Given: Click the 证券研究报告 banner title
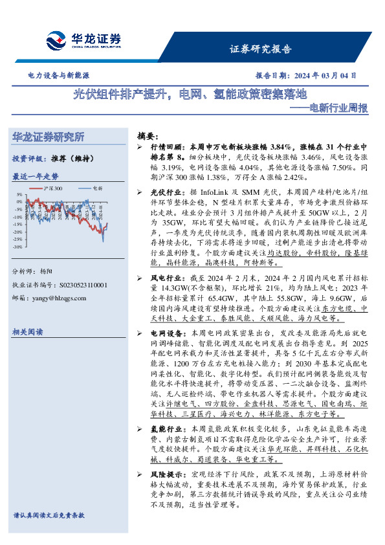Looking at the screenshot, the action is [261, 49].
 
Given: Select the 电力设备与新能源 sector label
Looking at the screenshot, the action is [58, 75].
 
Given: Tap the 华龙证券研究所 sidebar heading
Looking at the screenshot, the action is [49, 137].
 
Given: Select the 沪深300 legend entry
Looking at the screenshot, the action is [52, 188].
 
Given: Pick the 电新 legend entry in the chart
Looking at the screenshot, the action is [97, 188].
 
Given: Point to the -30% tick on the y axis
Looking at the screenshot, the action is [17, 247].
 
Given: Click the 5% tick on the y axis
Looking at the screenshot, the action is [19, 194].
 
